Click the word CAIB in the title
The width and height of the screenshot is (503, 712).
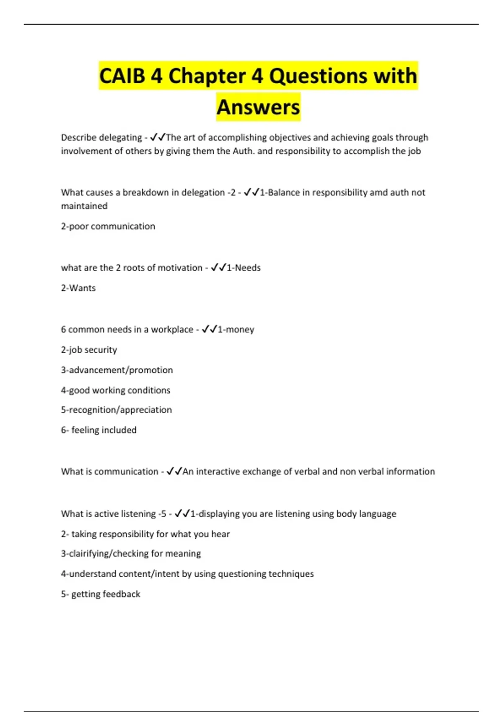click(x=122, y=76)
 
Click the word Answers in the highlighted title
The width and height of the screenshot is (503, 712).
click(x=258, y=107)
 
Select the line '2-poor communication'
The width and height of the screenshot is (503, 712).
click(x=108, y=226)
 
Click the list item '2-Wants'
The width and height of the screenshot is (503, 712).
click(x=78, y=288)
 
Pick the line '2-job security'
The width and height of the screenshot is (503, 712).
click(x=89, y=350)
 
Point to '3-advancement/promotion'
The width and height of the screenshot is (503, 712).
click(x=117, y=370)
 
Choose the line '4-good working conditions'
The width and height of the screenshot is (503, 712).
click(x=116, y=390)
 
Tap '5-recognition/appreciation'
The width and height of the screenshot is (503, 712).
click(x=117, y=410)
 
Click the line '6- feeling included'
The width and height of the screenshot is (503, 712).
click(x=99, y=430)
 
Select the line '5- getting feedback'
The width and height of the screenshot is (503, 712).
click(x=101, y=594)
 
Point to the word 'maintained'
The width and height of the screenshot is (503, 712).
click(x=84, y=206)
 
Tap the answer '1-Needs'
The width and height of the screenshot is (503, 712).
click(x=244, y=268)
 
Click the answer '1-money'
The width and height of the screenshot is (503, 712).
click(x=236, y=330)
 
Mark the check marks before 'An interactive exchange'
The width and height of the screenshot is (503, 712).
click(x=174, y=472)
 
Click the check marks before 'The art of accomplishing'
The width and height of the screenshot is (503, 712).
click(x=158, y=137)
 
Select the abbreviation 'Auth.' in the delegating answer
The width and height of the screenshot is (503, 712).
click(x=243, y=151)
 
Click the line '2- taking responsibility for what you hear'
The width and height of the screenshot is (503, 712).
click(x=145, y=534)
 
